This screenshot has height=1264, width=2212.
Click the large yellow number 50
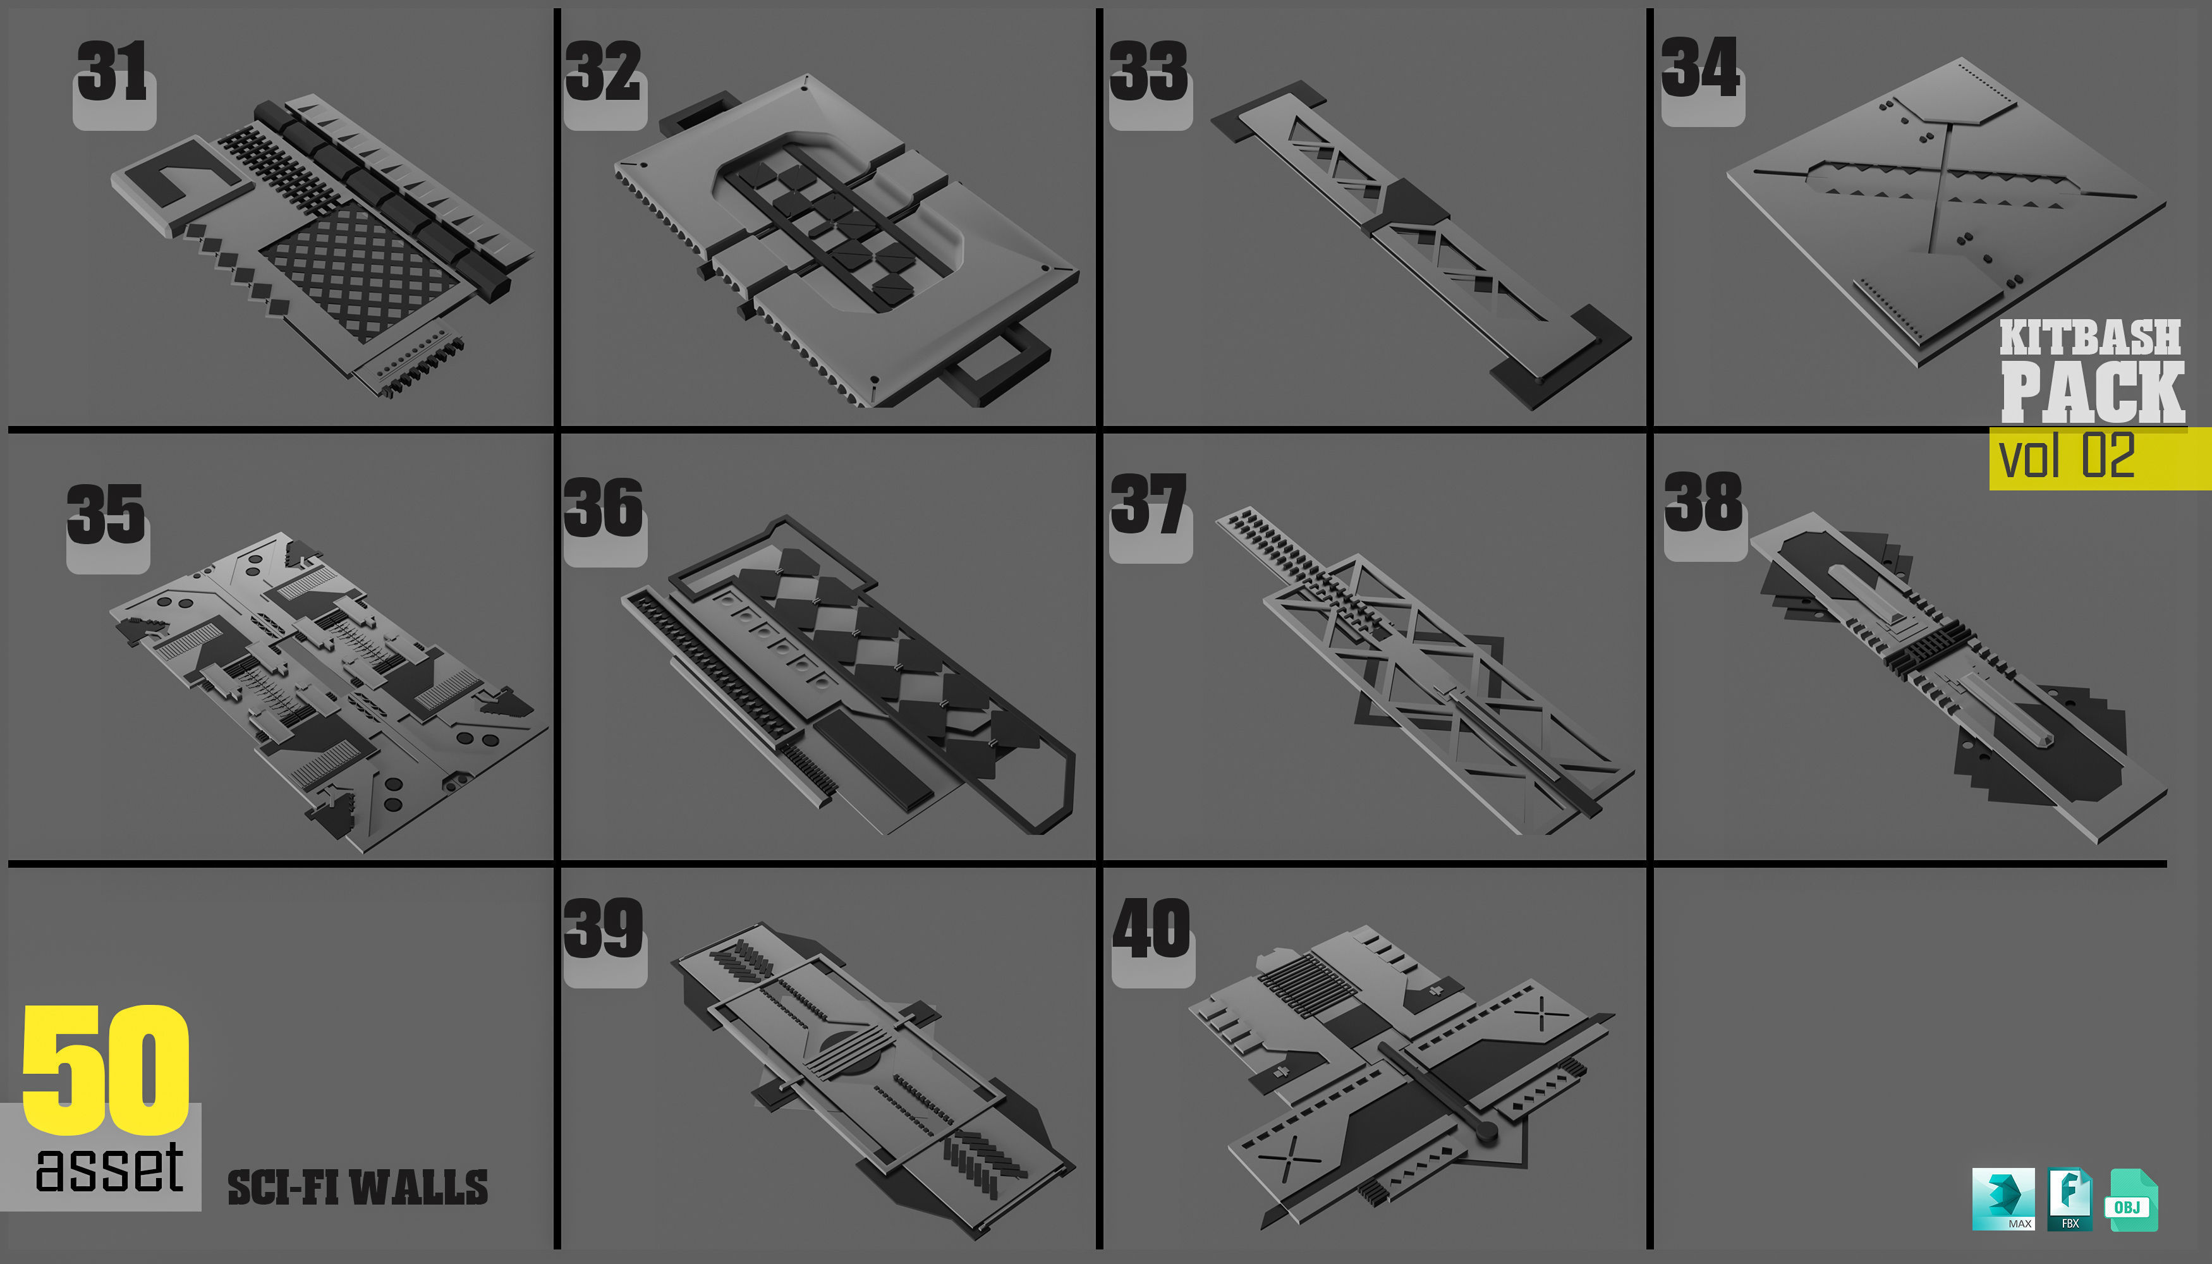coord(106,1069)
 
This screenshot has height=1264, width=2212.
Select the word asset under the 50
coord(109,1169)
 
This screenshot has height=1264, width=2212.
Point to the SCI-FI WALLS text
coord(357,1188)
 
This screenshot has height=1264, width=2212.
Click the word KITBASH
coord(2091,337)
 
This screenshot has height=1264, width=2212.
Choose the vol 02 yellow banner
coord(2099,458)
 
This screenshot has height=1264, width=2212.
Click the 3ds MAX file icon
coord(2003,1199)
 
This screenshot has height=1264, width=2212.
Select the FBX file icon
coord(2070,1199)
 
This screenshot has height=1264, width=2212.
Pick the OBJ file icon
coord(2130,1201)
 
